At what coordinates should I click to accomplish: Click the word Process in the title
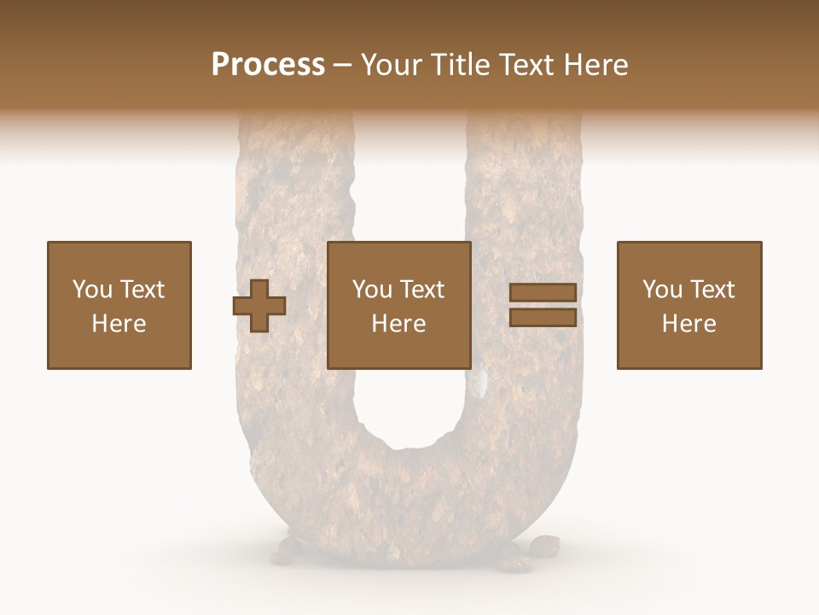pyautogui.click(x=268, y=65)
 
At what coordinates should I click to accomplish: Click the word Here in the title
pyautogui.click(x=596, y=65)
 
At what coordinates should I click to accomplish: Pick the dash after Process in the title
pyautogui.click(x=343, y=66)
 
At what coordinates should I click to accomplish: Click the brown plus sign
pyautogui.click(x=259, y=306)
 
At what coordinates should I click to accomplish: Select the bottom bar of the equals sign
pyautogui.click(x=543, y=318)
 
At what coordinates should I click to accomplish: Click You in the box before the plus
pyautogui.click(x=91, y=290)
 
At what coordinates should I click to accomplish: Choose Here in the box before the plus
pyautogui.click(x=119, y=324)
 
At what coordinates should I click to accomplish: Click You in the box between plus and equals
pyautogui.click(x=372, y=290)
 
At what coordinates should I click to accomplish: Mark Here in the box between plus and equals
pyautogui.click(x=399, y=324)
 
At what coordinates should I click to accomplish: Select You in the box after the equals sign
pyautogui.click(x=662, y=290)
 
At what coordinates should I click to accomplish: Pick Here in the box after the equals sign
pyautogui.click(x=689, y=324)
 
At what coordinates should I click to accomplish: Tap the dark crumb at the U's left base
pyautogui.click(x=288, y=547)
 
